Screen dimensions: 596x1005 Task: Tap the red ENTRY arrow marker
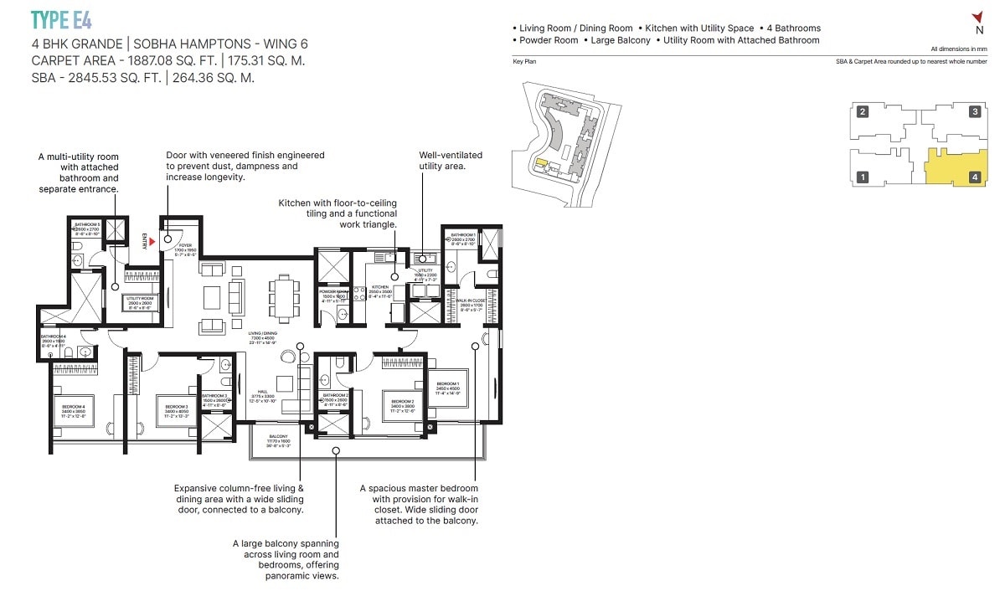tap(151, 242)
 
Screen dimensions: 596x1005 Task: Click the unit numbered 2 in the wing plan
tap(862, 111)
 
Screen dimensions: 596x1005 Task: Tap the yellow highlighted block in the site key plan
tap(542, 163)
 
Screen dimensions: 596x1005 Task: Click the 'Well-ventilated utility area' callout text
tap(451, 161)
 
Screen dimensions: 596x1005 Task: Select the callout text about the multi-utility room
tap(79, 172)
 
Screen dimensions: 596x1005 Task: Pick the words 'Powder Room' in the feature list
tap(549, 40)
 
